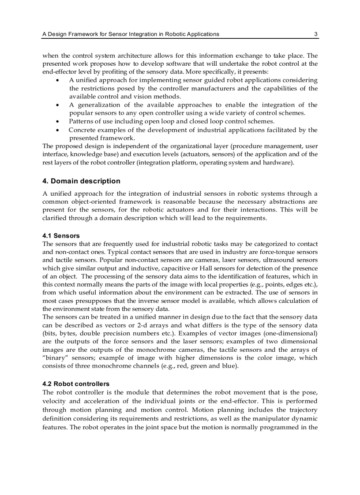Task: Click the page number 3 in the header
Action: coord(315,34)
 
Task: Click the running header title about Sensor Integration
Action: coord(130,34)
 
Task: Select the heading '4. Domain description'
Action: coord(81,181)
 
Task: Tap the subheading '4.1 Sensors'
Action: coord(61,236)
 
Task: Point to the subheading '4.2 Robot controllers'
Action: coord(76,384)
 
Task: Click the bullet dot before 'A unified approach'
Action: coord(58,80)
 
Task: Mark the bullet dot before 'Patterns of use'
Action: coord(58,121)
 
